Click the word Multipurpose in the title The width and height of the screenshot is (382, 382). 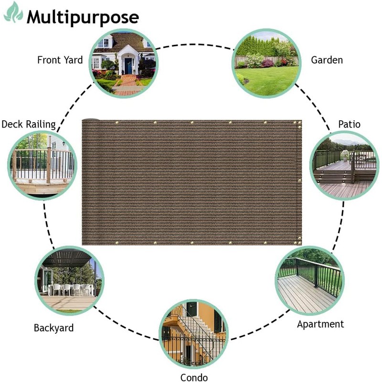pos(83,17)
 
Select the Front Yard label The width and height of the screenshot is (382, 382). pos(60,60)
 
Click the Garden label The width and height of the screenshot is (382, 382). pos(327,60)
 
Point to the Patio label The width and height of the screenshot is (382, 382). pos(350,125)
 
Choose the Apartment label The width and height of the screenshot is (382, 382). pos(320,324)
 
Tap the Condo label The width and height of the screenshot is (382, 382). pos(194,378)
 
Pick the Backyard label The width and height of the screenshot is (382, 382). pos(53,328)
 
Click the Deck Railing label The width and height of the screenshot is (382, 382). pos(29,125)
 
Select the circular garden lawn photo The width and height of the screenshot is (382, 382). pos(266,63)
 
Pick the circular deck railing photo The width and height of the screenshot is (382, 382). pos(43,165)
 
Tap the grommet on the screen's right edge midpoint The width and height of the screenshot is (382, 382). pos(299,180)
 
